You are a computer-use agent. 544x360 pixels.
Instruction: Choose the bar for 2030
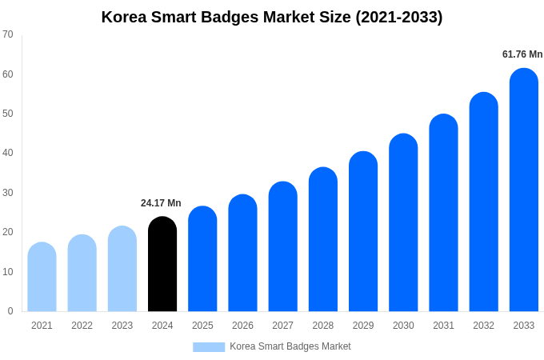pos(403,223)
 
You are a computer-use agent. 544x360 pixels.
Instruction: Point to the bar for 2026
pos(242,254)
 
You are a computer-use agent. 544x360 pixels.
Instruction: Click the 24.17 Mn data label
pos(161,203)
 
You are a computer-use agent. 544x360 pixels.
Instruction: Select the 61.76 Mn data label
pos(522,54)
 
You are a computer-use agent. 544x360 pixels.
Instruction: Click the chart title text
pos(272,17)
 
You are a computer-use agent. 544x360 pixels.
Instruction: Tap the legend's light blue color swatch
pos(209,346)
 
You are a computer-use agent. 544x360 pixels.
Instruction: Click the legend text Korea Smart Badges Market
pos(290,346)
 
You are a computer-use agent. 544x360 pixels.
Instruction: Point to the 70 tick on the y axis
pos(8,34)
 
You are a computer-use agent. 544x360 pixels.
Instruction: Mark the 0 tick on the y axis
pos(10,311)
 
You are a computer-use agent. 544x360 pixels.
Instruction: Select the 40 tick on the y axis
pos(8,153)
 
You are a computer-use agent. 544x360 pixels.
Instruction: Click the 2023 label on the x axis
pos(122,326)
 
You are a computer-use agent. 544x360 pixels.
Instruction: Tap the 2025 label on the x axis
pos(202,326)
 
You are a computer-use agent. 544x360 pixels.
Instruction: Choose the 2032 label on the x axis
pos(483,326)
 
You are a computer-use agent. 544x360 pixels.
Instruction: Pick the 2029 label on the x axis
pos(363,326)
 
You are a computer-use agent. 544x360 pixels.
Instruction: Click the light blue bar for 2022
pos(82,274)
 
